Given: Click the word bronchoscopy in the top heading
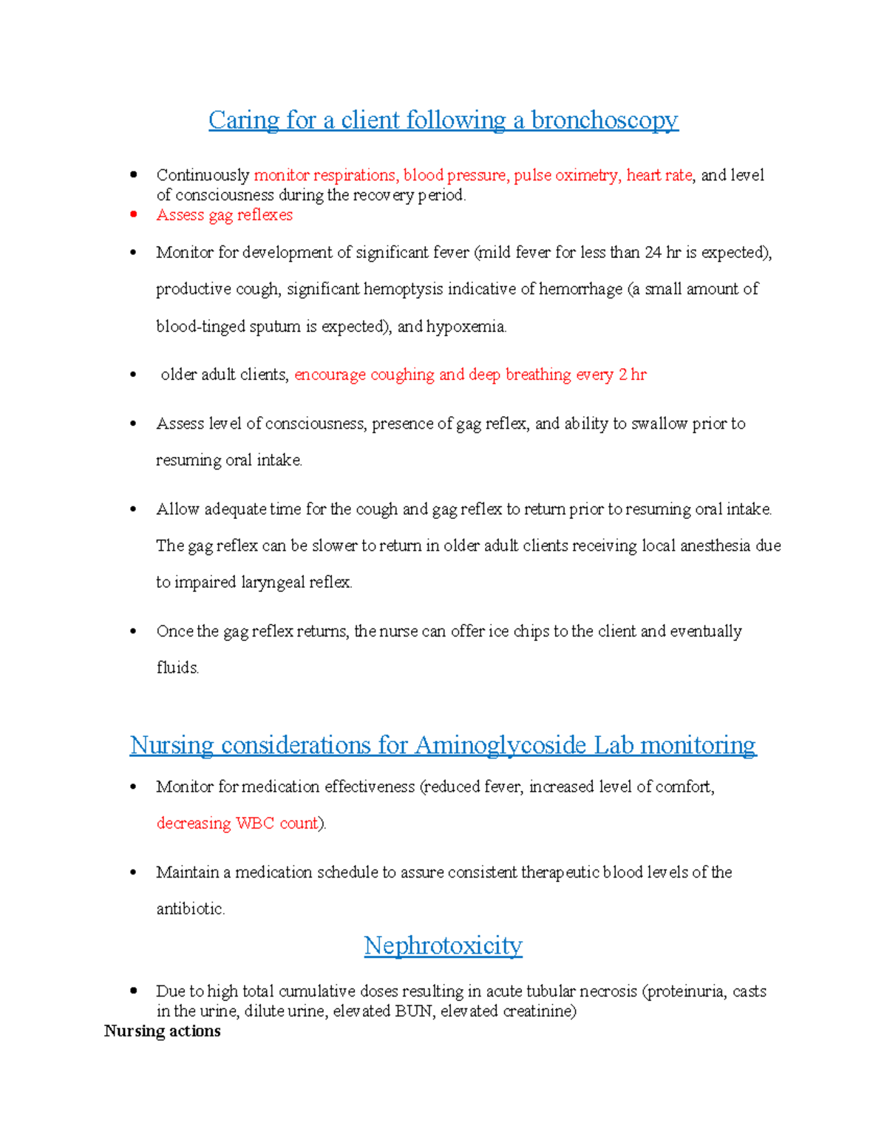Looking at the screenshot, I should [x=604, y=120].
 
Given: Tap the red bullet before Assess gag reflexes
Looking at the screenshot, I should [x=133, y=215].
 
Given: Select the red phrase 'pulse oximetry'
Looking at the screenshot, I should [x=566, y=175].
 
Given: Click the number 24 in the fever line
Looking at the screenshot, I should [x=653, y=253].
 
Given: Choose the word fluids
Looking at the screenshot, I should [x=177, y=668].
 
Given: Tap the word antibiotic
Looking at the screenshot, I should [x=190, y=909].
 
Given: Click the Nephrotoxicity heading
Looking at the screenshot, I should [x=443, y=945].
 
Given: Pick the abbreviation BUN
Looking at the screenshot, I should [x=413, y=1011].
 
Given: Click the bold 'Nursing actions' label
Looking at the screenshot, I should [x=162, y=1031].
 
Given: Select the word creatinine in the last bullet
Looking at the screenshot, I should [x=539, y=1011].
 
